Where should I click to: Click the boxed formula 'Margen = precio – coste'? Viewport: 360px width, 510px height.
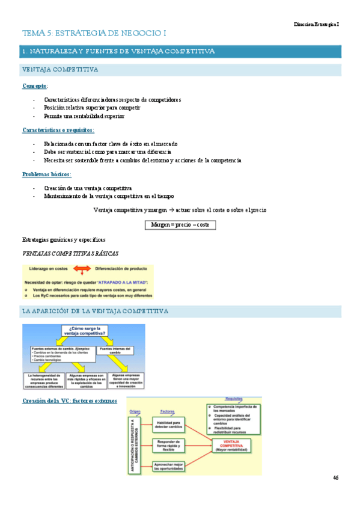[x=180, y=225]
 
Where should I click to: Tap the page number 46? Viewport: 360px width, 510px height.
[x=335, y=478]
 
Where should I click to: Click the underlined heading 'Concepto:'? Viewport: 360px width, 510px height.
[x=35, y=86]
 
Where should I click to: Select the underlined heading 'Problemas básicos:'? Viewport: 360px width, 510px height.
[x=47, y=174]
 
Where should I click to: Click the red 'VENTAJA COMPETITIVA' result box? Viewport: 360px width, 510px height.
[x=231, y=446]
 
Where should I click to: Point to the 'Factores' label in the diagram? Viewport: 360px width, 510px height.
[x=167, y=411]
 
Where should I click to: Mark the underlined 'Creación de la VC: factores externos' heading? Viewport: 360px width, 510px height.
[x=70, y=401]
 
